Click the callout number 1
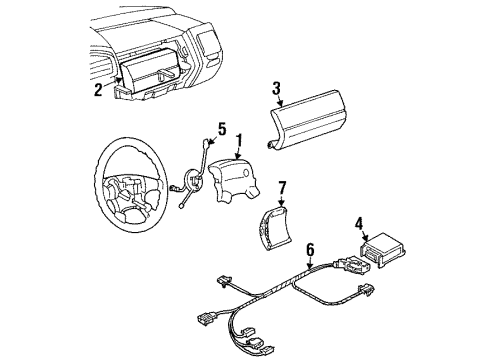coord(238,141)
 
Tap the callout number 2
coord(98,90)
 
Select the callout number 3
coord(276,88)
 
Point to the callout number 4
coord(359,224)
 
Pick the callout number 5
coord(222,129)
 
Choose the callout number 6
coord(310,250)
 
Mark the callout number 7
coord(282,188)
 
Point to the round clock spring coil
coord(194,180)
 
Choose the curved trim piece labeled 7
coord(275,228)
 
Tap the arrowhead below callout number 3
coord(281,104)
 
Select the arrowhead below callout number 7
coord(282,204)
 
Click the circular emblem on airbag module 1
coord(246,173)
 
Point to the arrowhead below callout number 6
coord(310,267)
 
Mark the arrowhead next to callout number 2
coord(118,80)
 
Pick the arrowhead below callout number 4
coord(365,238)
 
